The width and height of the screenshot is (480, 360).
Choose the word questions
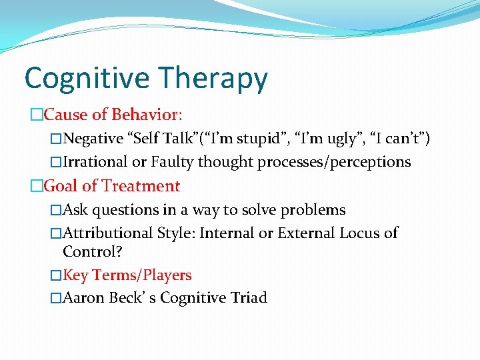pyautogui.click(x=125, y=210)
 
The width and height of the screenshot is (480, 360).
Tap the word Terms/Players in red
pyautogui.click(x=142, y=275)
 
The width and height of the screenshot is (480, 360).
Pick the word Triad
pyautogui.click(x=247, y=298)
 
